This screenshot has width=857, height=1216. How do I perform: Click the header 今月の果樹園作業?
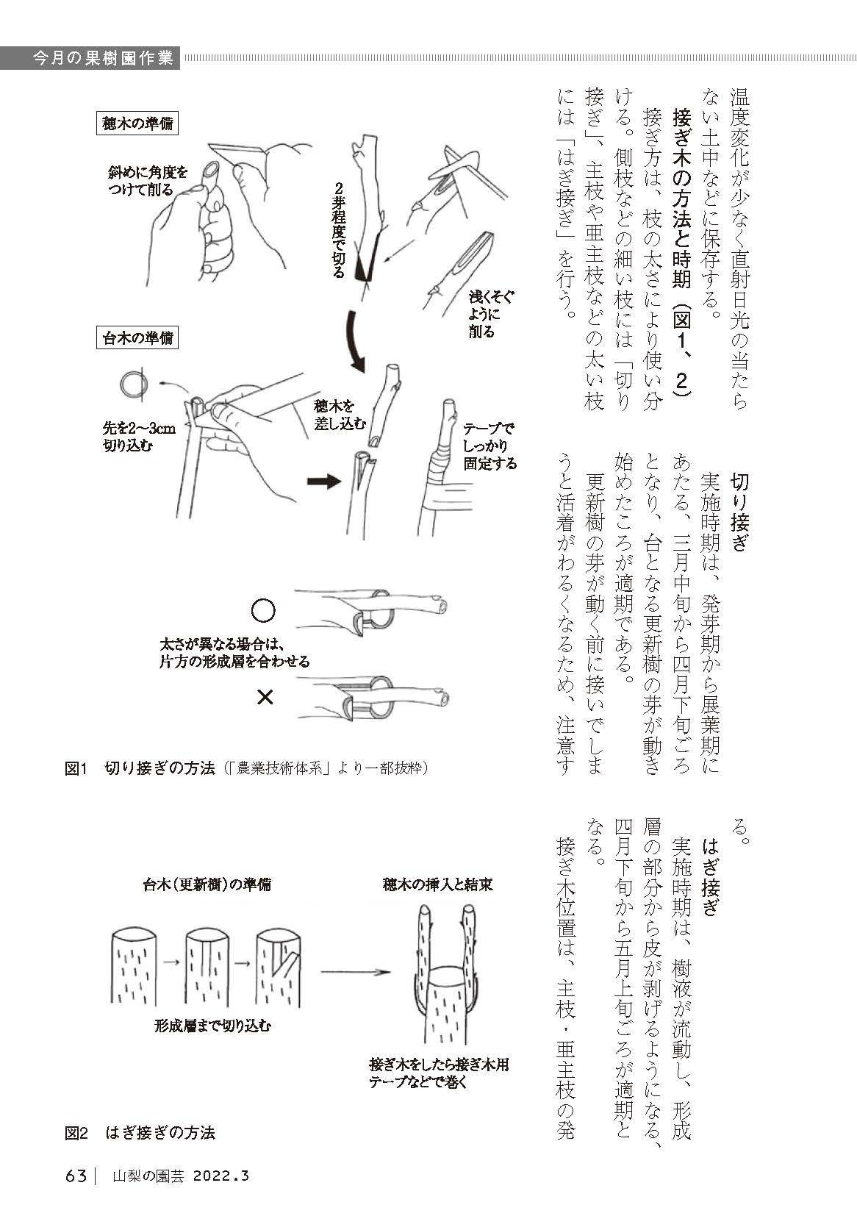click(103, 58)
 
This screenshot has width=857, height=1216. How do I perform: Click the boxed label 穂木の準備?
click(137, 124)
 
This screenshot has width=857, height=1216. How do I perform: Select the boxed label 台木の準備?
click(137, 338)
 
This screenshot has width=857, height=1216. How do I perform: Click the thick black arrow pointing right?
click(324, 482)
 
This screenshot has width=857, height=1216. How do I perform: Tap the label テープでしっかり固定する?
click(490, 446)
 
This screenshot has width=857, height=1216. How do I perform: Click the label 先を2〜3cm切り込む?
click(139, 437)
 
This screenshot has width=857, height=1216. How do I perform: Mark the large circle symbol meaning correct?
click(263, 611)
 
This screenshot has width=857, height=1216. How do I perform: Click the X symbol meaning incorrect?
click(265, 696)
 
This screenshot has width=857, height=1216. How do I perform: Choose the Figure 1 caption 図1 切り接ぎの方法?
click(140, 769)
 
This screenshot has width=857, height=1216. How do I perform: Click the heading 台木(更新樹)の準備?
click(207, 884)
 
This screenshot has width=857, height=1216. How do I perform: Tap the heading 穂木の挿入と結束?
click(437, 884)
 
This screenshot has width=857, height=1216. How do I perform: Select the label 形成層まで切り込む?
click(212, 1026)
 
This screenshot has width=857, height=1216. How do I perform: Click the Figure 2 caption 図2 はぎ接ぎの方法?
click(140, 1133)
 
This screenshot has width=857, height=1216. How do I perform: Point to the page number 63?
click(76, 1176)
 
